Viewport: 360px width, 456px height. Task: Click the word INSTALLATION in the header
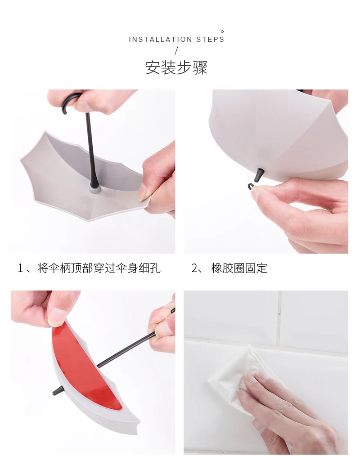click(x=160, y=39)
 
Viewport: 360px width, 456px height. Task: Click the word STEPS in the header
click(x=210, y=39)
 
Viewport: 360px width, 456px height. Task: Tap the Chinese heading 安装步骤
click(x=176, y=67)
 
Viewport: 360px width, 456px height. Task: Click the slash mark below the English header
click(x=176, y=51)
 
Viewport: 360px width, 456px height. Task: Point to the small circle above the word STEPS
click(x=222, y=31)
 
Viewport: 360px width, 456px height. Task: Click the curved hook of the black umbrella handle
click(x=68, y=100)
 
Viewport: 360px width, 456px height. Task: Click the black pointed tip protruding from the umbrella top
click(x=259, y=175)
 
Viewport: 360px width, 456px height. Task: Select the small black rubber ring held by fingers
click(x=251, y=186)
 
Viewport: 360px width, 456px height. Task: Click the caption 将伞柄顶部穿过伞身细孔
click(x=99, y=268)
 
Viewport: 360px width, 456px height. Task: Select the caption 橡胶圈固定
click(x=239, y=268)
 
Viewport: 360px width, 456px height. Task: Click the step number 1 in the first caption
click(x=20, y=268)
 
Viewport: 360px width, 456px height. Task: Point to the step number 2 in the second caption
click(x=194, y=268)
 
